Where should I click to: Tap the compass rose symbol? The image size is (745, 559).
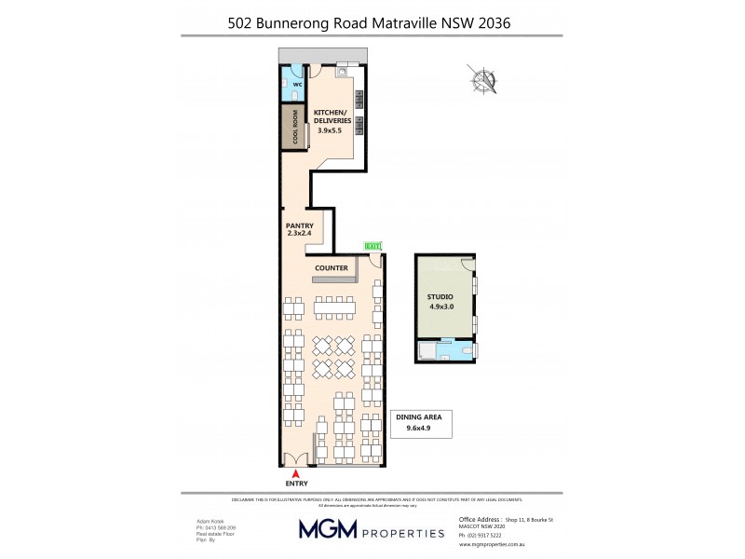pos(485,81)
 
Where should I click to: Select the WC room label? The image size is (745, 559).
pos(298,85)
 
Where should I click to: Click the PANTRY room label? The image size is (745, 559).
pos(299,226)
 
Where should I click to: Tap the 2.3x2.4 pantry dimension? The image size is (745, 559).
pos(299,235)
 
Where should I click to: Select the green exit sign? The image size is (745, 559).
pos(372,247)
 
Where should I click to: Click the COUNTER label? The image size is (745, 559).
pos(332,268)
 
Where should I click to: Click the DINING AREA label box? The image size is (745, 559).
pos(422,424)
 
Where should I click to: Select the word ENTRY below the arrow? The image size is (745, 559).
pos(296,484)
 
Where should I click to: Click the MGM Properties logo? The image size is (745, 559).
pos(371,530)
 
